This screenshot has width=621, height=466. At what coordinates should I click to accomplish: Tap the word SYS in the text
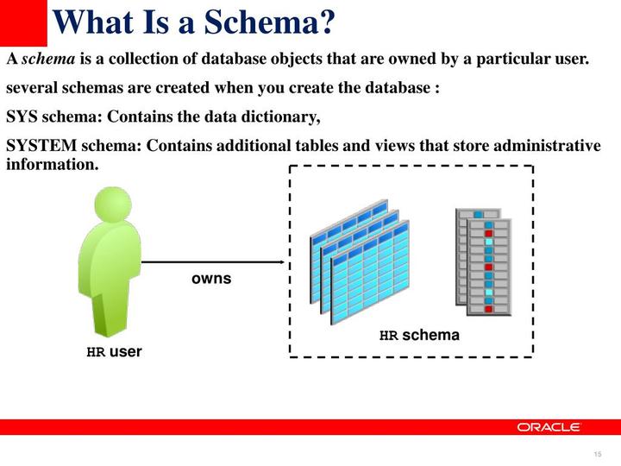22,116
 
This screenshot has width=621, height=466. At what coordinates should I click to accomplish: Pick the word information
52,163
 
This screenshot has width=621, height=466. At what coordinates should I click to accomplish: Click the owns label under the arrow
211,279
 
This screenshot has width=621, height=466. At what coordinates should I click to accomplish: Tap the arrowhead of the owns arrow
280,261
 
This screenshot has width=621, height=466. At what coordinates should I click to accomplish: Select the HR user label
114,352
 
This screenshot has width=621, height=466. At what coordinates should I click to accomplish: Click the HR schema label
420,335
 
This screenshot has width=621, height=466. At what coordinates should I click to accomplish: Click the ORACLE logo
549,426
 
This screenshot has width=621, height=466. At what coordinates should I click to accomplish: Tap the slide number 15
597,455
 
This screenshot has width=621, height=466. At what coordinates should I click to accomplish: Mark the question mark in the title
325,22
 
